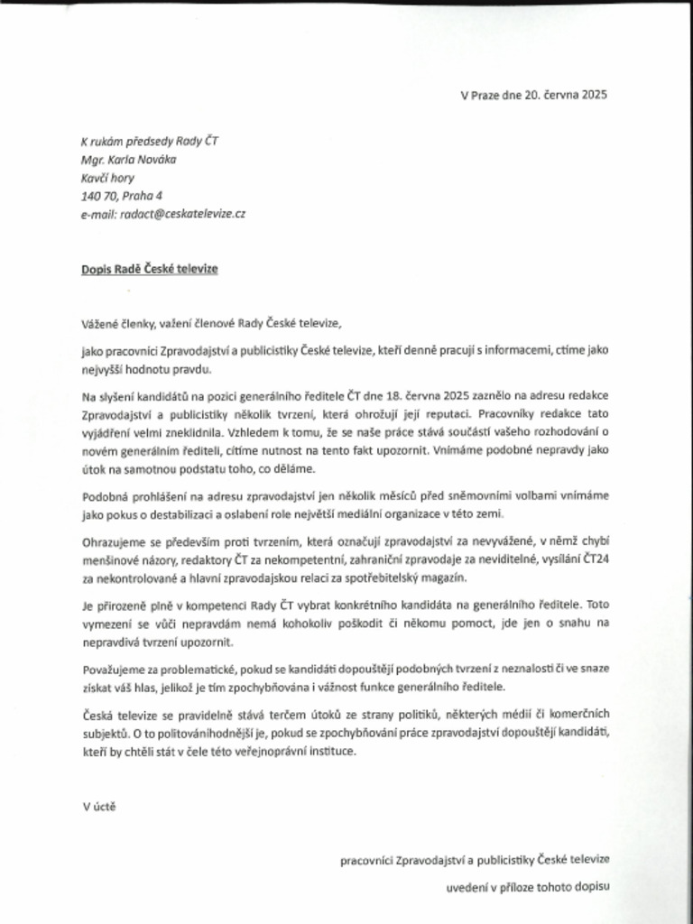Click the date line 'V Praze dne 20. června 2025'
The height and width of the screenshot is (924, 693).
click(x=533, y=94)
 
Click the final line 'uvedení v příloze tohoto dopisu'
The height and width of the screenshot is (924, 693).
click(x=528, y=886)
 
